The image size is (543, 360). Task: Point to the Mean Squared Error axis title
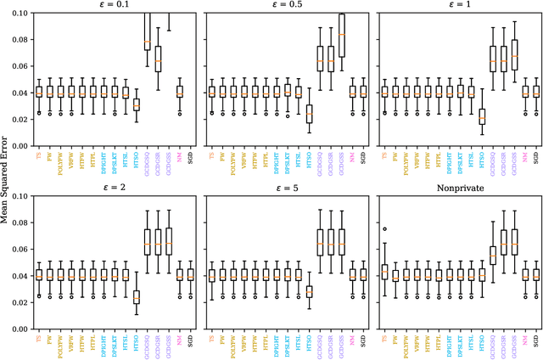coord(7,180)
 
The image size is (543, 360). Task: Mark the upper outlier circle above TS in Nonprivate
coord(383,228)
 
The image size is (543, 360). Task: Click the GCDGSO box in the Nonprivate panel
coord(493,256)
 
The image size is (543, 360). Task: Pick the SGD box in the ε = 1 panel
coord(536,92)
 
